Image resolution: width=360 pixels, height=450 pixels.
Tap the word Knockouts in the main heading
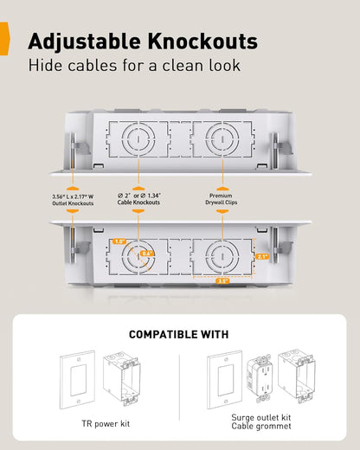coord(201,41)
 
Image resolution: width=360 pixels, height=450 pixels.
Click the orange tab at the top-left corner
coord(4,40)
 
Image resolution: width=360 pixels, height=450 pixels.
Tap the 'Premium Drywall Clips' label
coord(222,200)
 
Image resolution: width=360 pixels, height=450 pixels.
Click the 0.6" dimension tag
coord(147,254)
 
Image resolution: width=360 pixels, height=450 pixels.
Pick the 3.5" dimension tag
coord(222,280)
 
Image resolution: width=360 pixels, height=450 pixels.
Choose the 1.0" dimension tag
coord(120,241)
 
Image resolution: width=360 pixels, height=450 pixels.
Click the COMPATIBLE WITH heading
coord(179,334)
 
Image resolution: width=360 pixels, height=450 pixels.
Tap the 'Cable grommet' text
coord(256,425)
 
